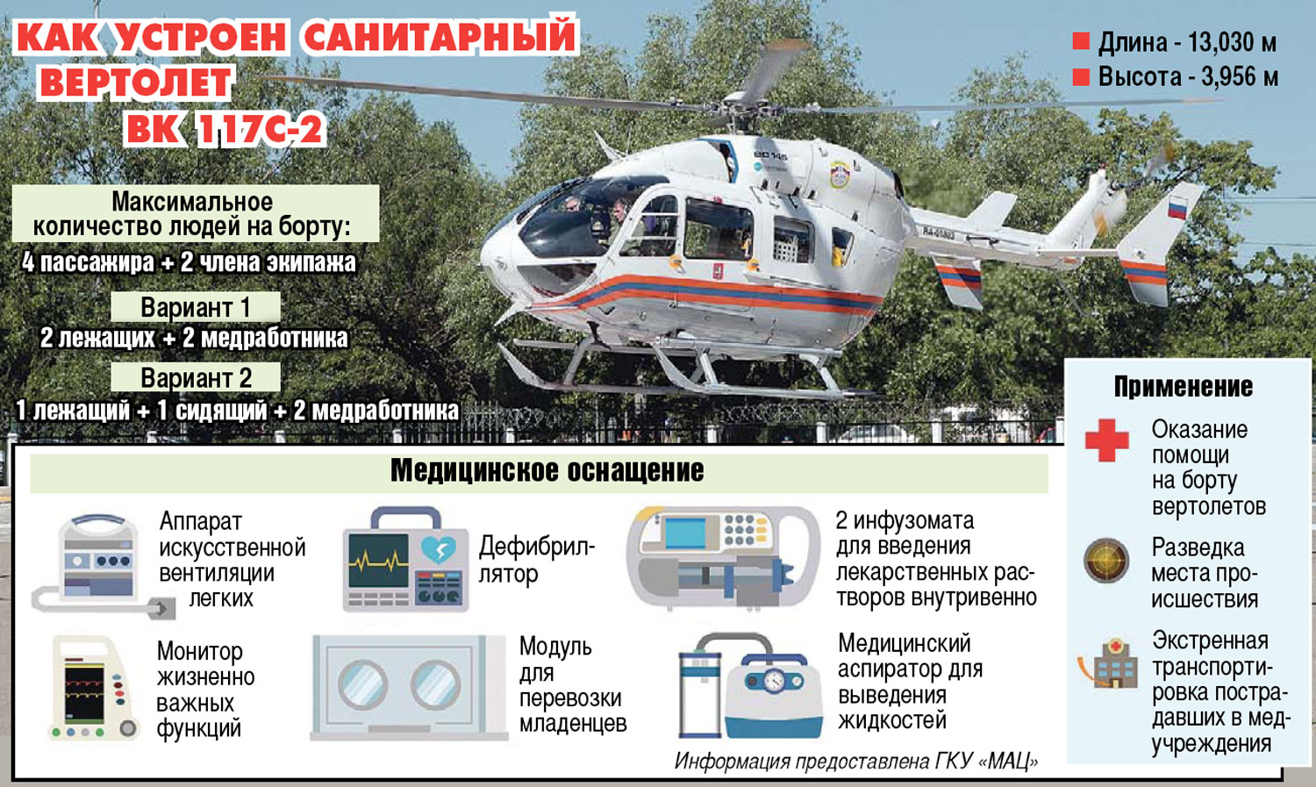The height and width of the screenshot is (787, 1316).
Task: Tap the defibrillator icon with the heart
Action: [x=405, y=560]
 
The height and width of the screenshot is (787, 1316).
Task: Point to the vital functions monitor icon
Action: [x=94, y=687]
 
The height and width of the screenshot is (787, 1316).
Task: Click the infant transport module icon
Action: [x=409, y=687]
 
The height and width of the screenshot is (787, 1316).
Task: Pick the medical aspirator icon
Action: [x=750, y=685]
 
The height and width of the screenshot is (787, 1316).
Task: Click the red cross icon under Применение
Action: [x=1107, y=440]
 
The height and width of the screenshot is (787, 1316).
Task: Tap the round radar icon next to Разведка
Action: [x=1106, y=561]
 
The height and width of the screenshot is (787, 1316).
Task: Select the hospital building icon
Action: [x=1105, y=663]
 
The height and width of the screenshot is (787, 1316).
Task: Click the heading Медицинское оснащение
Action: [x=547, y=471]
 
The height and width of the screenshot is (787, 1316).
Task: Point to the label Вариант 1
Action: [x=196, y=307]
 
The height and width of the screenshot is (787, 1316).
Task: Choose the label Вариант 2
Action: [x=197, y=377]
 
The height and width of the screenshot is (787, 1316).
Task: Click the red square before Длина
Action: [x=1081, y=40]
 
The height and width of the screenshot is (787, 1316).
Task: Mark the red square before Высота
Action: [x=1081, y=77]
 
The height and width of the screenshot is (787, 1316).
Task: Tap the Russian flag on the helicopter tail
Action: [x=1177, y=209]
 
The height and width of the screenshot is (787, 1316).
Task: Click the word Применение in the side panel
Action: [x=1184, y=386]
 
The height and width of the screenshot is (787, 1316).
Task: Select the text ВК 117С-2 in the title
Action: [x=225, y=128]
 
